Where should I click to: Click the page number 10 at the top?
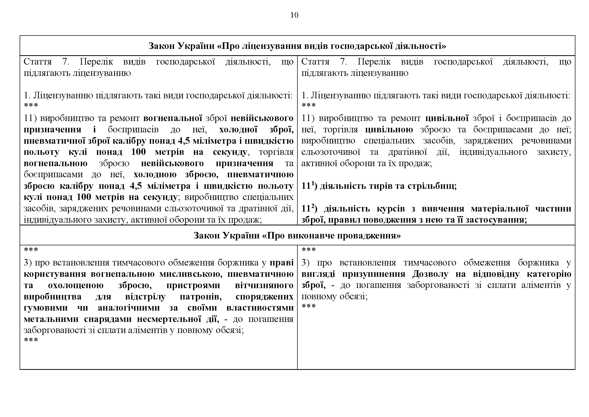coord(294,15)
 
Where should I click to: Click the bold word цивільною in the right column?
coord(389,129)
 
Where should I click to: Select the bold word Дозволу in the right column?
coord(430,274)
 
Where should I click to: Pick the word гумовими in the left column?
coord(46,308)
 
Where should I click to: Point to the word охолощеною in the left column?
coord(76,286)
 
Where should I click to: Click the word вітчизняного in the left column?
coord(264,286)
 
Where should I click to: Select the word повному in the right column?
coord(319,297)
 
